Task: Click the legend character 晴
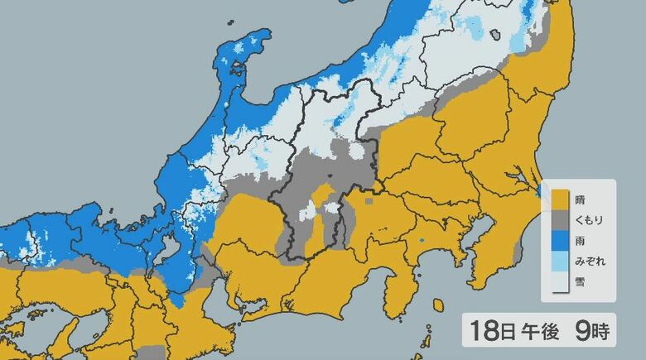[580, 200]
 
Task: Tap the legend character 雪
[580, 282]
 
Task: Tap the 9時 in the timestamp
[591, 333]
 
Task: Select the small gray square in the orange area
[369, 199]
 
